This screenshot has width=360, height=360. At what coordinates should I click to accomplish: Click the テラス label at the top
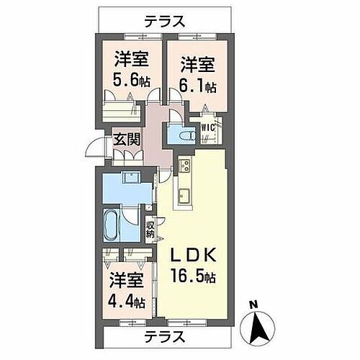[165, 21]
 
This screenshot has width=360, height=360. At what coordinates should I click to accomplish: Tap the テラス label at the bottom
[165, 336]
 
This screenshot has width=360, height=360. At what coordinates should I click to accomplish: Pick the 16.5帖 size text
[196, 275]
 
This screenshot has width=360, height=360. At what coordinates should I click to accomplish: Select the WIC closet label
[208, 128]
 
